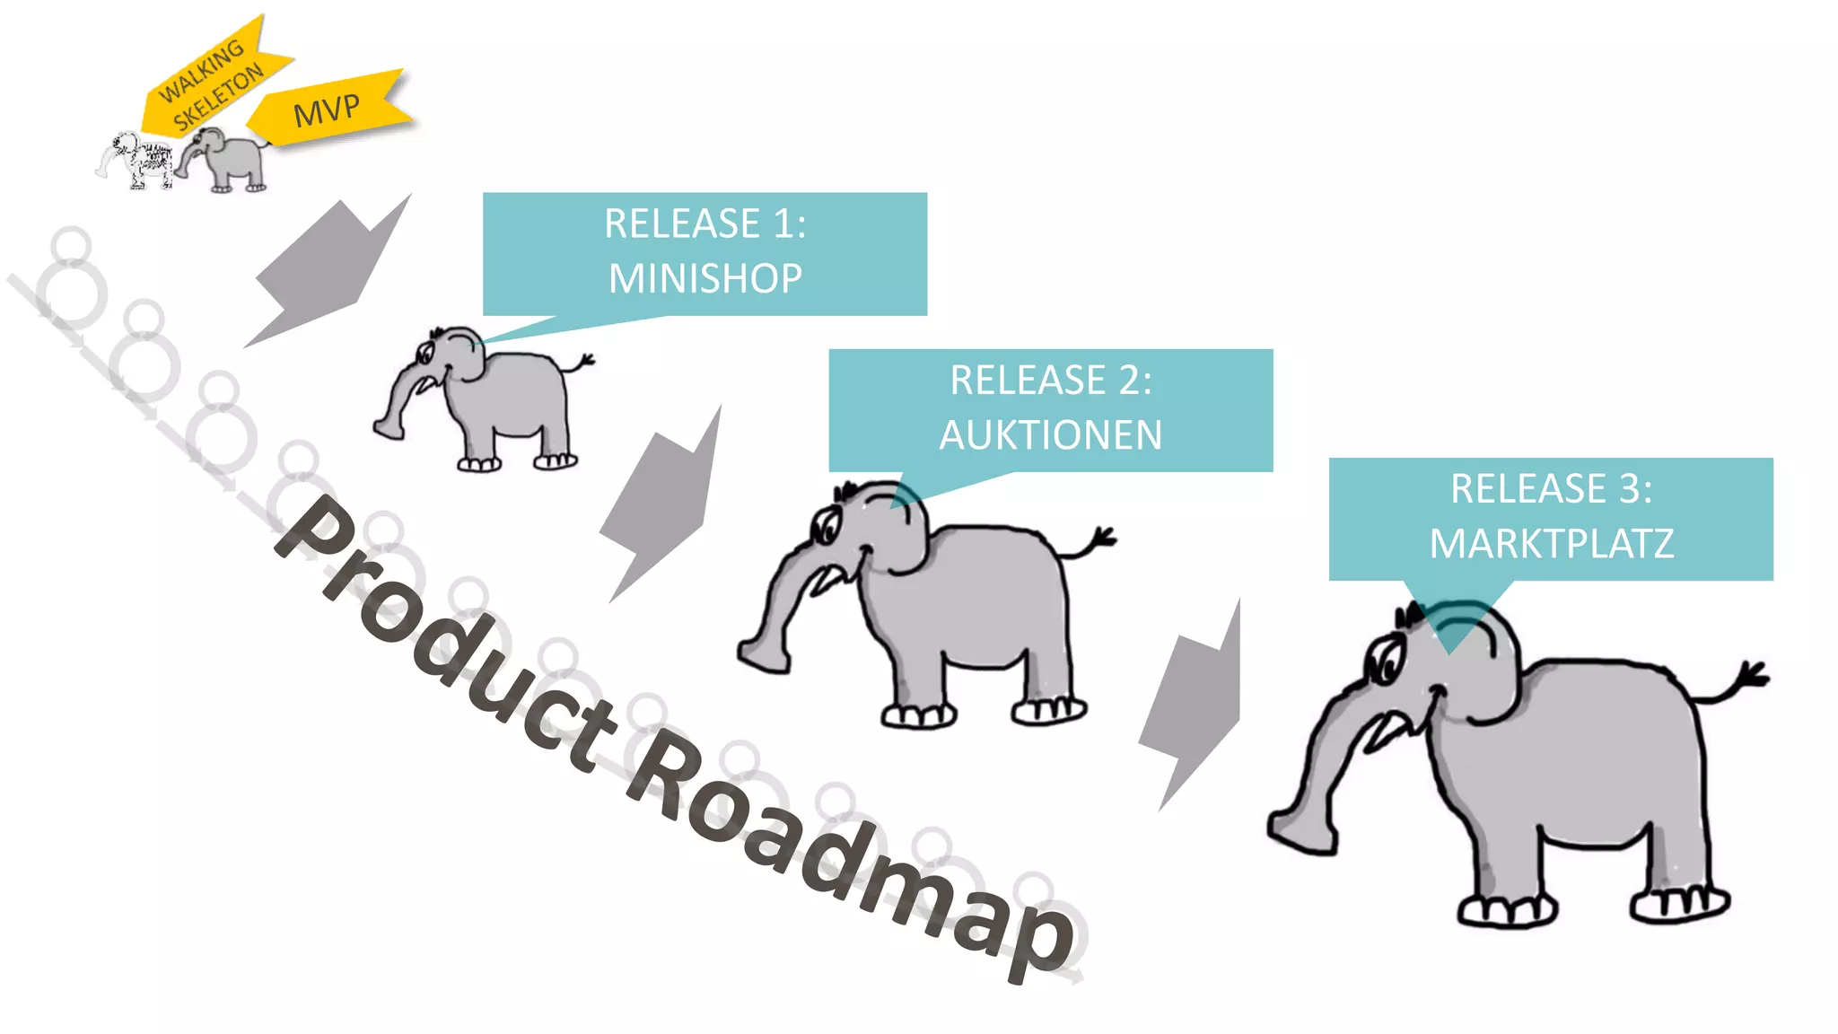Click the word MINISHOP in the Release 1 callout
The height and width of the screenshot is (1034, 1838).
[705, 278]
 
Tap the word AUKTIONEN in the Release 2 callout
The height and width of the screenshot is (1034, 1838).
[1051, 435]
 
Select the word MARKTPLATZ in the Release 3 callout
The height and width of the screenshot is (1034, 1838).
[1552, 544]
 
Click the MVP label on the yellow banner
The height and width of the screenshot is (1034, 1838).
[327, 110]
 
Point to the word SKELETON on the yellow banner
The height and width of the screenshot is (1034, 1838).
[219, 97]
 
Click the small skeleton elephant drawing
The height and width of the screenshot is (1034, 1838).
[139, 160]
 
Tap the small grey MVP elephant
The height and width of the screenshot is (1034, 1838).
[228, 159]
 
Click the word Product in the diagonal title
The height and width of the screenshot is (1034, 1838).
[449, 628]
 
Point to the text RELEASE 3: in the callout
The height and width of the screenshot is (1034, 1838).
[1551, 489]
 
